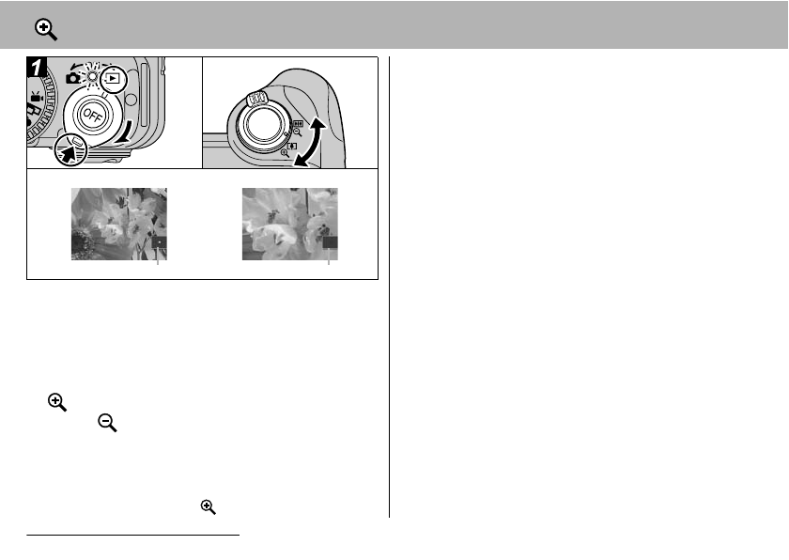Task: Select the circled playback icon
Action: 113,79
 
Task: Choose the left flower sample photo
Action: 118,224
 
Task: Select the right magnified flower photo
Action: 289,224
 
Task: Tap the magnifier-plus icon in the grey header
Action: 46,29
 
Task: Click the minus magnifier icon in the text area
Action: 107,425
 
